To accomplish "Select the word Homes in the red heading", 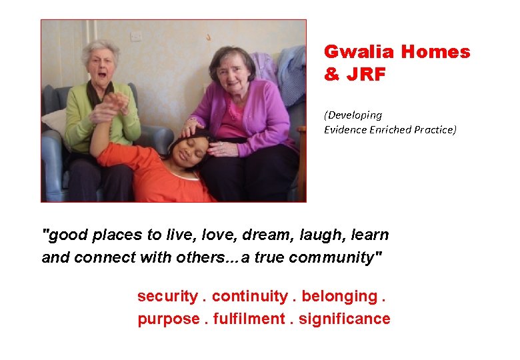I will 437,52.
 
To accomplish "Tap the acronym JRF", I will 365,75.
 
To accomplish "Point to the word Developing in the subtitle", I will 353,115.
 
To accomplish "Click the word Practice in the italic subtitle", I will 434,129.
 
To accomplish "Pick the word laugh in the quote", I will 320,235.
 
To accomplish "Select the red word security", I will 167,296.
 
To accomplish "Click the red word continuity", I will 249,296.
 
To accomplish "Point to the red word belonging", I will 339,296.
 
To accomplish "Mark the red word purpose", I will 168,319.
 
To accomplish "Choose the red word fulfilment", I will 250,319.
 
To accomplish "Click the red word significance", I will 344,319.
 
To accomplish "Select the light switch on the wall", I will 137,35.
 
